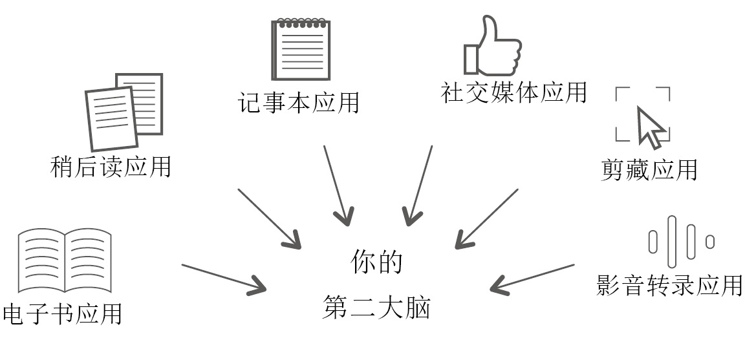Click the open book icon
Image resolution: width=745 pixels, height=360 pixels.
[x=65, y=259]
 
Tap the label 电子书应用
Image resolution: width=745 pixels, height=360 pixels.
[x=62, y=313]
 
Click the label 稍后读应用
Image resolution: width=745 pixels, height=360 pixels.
[x=111, y=167]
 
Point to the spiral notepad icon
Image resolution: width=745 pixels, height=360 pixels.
[x=301, y=50]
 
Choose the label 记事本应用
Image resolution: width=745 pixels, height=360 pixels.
[x=299, y=103]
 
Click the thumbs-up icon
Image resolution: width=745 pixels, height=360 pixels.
[x=491, y=47]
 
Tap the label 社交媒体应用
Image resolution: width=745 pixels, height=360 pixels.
[x=513, y=92]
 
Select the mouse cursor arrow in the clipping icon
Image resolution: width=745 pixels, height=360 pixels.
[x=650, y=127]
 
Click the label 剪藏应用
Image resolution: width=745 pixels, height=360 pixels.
[x=649, y=170]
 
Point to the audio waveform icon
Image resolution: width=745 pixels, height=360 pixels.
[x=681, y=242]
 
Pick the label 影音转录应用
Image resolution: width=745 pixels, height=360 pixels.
[x=669, y=285]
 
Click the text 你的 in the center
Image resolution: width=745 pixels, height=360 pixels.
[x=377, y=262]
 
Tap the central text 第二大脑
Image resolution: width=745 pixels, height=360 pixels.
[x=377, y=308]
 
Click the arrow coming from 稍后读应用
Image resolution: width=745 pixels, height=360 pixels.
[x=270, y=218]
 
